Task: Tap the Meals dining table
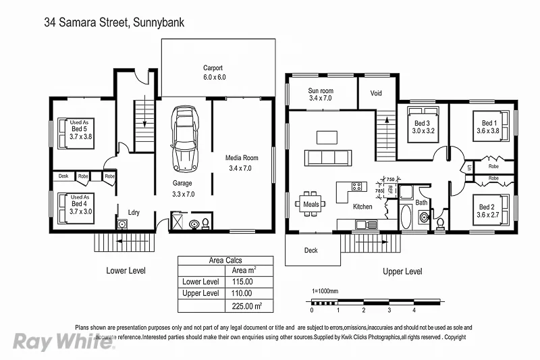(x=310, y=203)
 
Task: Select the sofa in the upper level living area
(x=329, y=158)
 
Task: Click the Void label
(x=377, y=93)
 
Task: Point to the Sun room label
(x=321, y=95)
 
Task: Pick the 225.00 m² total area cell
(x=247, y=306)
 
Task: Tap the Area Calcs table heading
(x=225, y=260)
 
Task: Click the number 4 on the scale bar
(x=414, y=311)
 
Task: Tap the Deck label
(x=310, y=250)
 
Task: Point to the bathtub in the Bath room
(x=406, y=218)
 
